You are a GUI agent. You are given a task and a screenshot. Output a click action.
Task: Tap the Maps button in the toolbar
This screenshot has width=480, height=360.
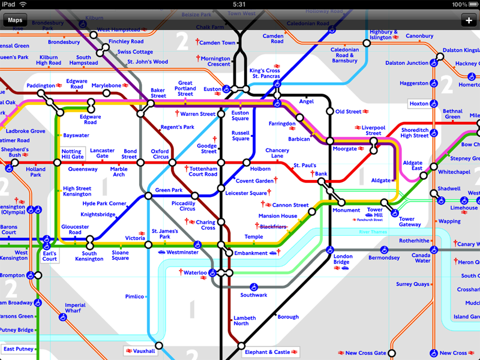pyautogui.click(x=15, y=20)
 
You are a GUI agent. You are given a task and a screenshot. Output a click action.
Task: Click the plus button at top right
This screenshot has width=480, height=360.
pyautogui.click(x=469, y=20)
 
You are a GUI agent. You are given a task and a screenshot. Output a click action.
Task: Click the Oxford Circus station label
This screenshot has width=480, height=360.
pyautogui.click(x=160, y=154)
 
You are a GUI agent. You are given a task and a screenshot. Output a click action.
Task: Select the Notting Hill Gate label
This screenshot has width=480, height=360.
pyautogui.click(x=73, y=154)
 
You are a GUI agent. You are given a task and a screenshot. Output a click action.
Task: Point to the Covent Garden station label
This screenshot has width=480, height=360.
pyautogui.click(x=254, y=181)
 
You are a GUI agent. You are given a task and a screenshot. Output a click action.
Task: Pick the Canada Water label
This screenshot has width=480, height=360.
pyautogui.click(x=422, y=257)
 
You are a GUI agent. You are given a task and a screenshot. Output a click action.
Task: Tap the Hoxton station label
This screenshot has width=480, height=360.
pyautogui.click(x=419, y=104)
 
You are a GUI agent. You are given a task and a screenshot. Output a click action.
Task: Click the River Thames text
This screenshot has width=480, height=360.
pyautogui.click(x=373, y=232)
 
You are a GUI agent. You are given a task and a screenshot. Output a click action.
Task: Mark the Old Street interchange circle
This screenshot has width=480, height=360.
pyautogui.click(x=329, y=112)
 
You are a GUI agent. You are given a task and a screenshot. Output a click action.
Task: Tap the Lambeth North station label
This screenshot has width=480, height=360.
pyautogui.click(x=241, y=320)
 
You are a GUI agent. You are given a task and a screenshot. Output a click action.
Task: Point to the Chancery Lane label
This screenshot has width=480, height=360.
pyautogui.click(x=277, y=154)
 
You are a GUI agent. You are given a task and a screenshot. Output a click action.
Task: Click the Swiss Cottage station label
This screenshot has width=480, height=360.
pyautogui.click(x=135, y=52)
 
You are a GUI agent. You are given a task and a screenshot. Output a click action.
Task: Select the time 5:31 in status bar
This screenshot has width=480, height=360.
pyautogui.click(x=239, y=4)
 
